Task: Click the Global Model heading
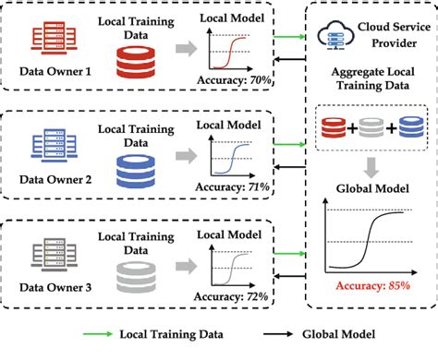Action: point(371,195)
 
